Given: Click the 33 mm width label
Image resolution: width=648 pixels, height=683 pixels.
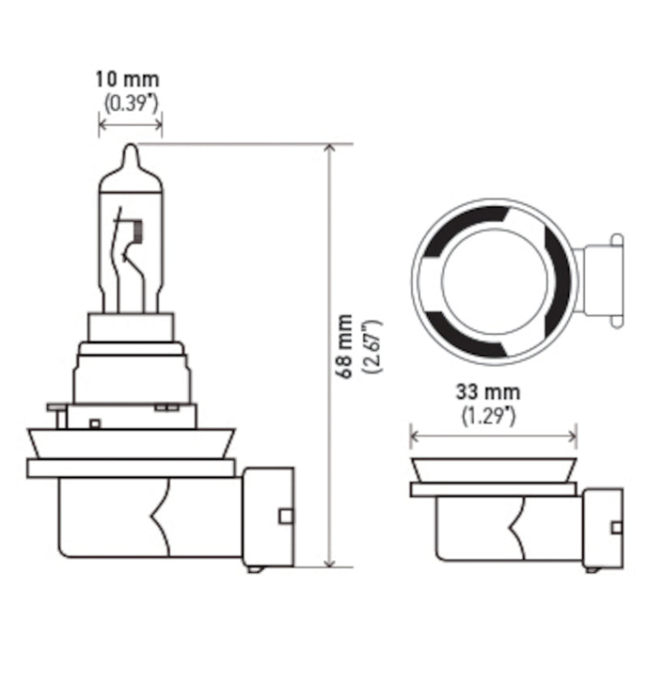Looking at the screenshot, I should [x=488, y=394].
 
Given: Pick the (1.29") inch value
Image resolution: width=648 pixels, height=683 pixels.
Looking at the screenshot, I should [x=488, y=416].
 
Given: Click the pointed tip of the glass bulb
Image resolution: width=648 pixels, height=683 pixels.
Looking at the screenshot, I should [x=130, y=150].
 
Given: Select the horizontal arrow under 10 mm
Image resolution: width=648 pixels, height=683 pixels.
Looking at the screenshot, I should [x=130, y=124].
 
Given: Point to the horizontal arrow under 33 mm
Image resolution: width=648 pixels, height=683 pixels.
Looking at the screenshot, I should [x=492, y=438].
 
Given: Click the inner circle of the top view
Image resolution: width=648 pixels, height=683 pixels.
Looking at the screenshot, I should [x=492, y=281].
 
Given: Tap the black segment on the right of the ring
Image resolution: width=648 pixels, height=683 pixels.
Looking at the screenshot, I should [x=558, y=280].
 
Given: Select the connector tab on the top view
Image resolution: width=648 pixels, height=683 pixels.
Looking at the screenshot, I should [x=601, y=280].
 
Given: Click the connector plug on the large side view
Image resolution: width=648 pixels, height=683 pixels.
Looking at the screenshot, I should [x=268, y=516].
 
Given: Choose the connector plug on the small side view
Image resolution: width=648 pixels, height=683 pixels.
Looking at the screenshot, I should [x=603, y=527].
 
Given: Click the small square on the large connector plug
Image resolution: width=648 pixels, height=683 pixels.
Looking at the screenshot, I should [x=284, y=516].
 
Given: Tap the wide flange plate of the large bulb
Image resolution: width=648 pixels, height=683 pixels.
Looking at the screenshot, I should [x=130, y=467].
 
